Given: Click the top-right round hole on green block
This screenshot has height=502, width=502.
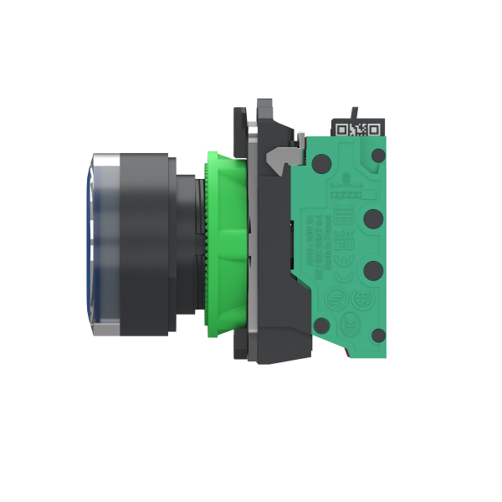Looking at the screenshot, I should [378, 156].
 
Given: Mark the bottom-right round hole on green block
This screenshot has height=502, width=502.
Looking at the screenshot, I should [379, 336].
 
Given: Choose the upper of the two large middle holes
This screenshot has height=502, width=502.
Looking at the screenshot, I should [374, 219].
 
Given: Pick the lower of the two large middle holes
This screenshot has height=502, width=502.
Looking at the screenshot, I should [374, 270].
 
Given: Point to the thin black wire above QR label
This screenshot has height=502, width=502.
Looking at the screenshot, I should [355, 111].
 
